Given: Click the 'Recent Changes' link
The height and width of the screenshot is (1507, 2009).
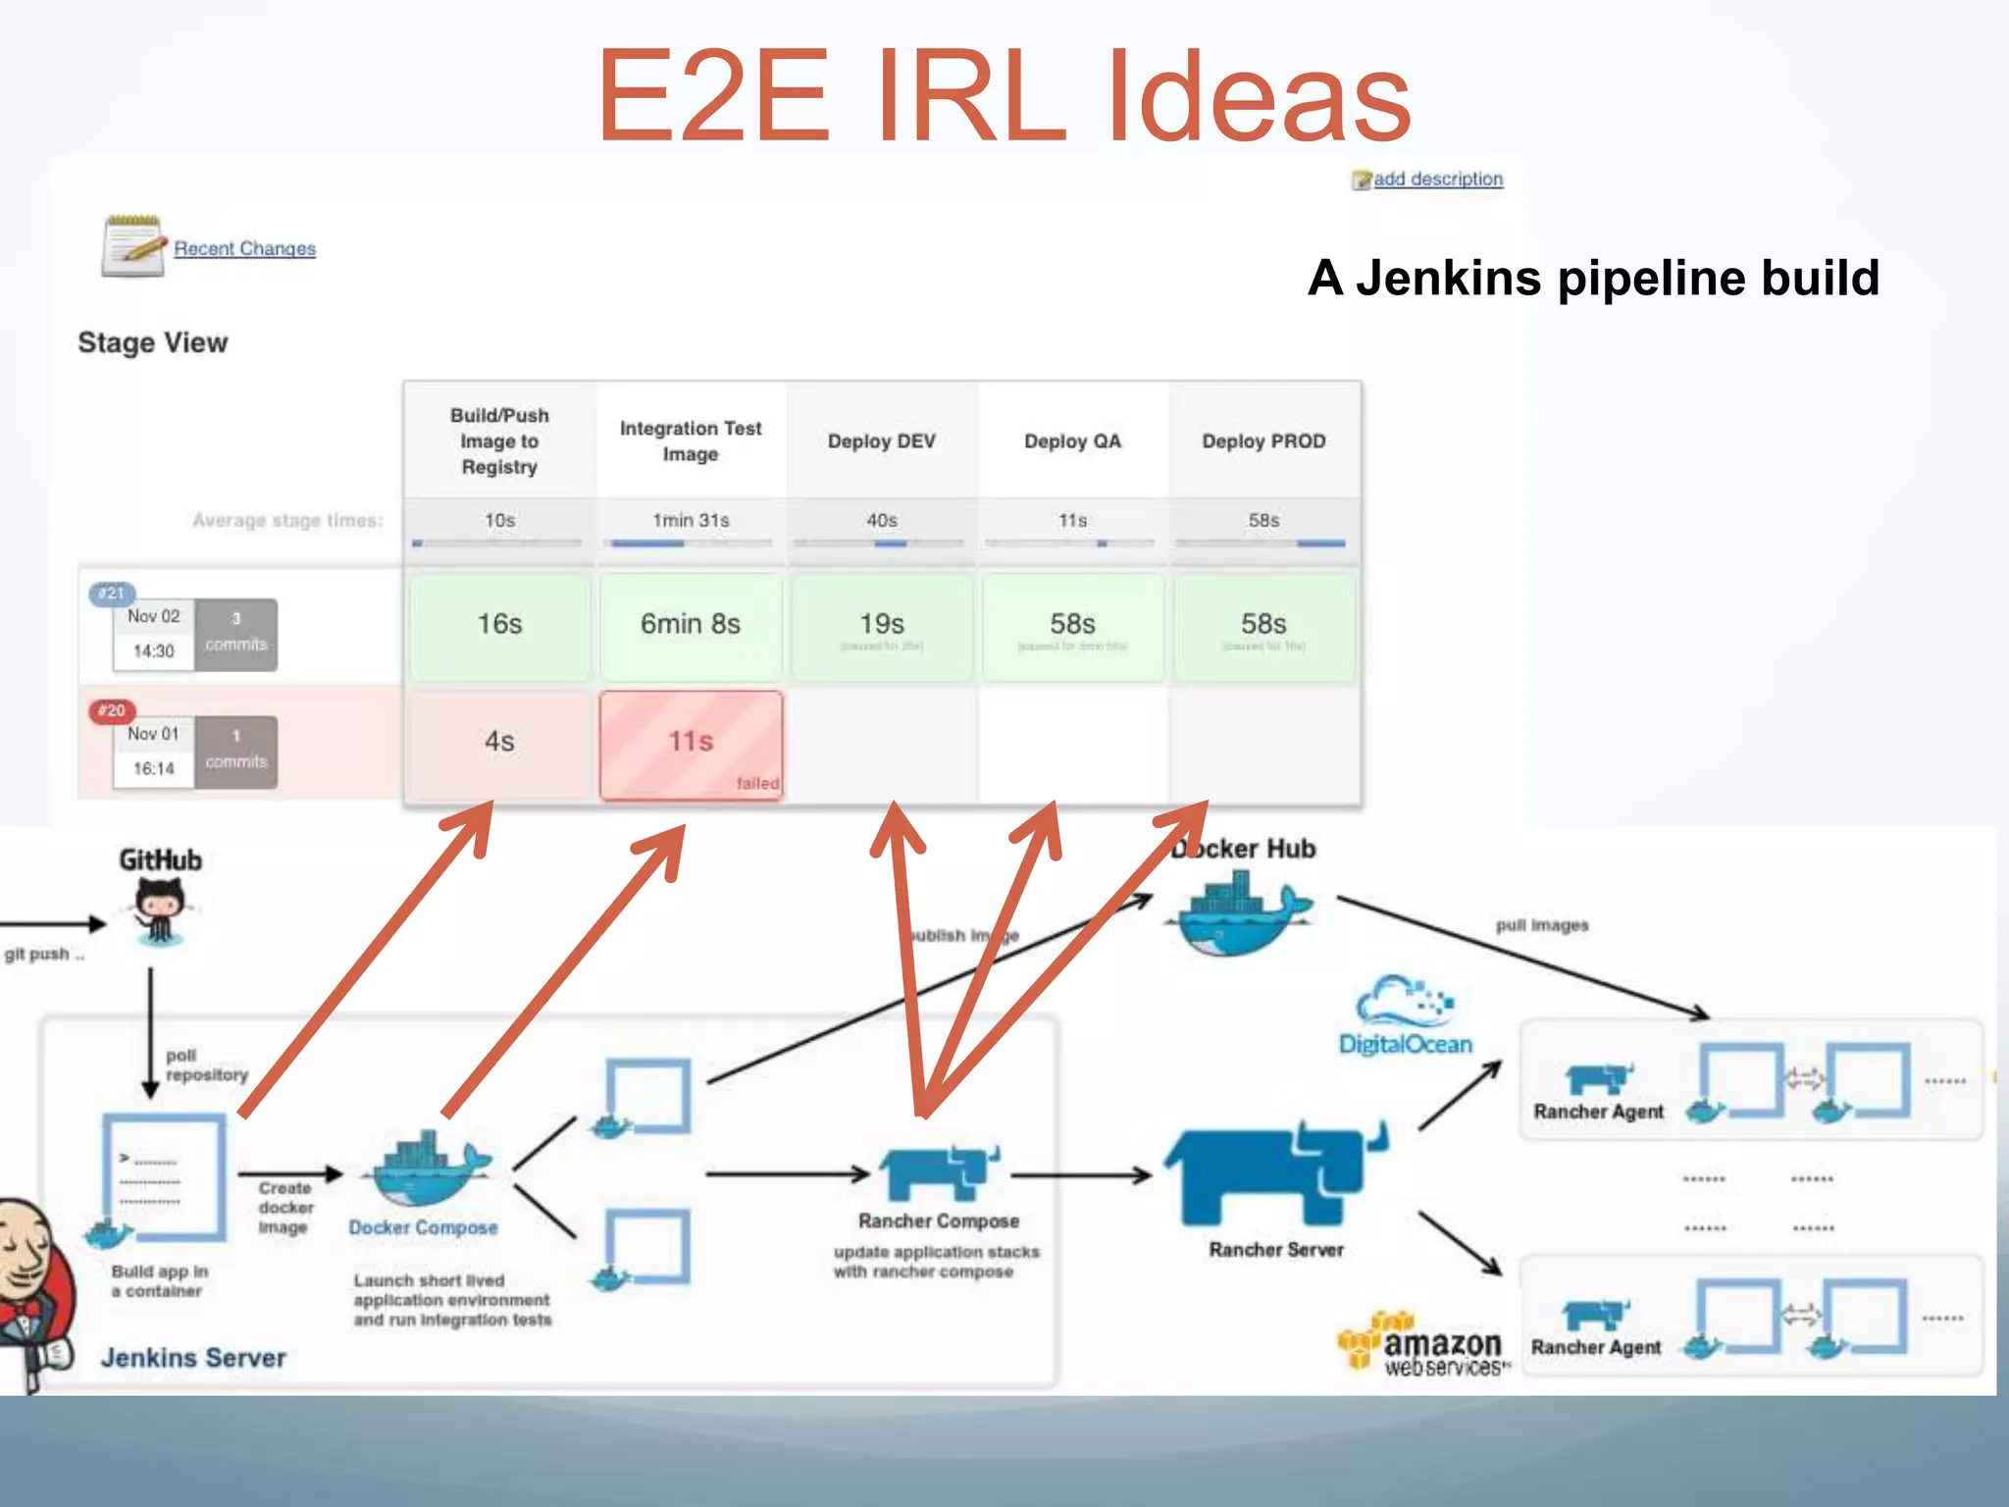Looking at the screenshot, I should point(244,248).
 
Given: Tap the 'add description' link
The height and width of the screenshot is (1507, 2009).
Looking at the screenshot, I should point(1437,179).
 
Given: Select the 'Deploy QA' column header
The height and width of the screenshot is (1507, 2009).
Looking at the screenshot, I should point(1072,442).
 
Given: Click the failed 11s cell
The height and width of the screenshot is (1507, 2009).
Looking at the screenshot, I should point(691,744).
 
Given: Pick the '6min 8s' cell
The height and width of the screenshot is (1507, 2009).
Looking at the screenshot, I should point(691,625).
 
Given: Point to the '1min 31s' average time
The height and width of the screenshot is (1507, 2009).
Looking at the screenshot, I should point(691,521).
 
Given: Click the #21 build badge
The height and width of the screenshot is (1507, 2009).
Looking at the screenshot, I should point(111,593).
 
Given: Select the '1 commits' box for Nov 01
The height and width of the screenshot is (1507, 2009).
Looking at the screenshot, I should point(235,751).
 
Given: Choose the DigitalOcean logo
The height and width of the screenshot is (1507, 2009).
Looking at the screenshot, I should point(1405,1016).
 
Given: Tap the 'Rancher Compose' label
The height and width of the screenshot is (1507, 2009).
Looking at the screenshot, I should point(938,1221).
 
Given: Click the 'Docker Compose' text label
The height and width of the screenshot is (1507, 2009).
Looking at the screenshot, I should point(423,1228).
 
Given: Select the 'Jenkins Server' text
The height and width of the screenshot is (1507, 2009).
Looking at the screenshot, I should point(193,1358).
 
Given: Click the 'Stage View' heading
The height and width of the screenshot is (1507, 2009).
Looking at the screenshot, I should point(152,342).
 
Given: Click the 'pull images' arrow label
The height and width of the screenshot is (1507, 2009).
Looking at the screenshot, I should point(1541,925).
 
